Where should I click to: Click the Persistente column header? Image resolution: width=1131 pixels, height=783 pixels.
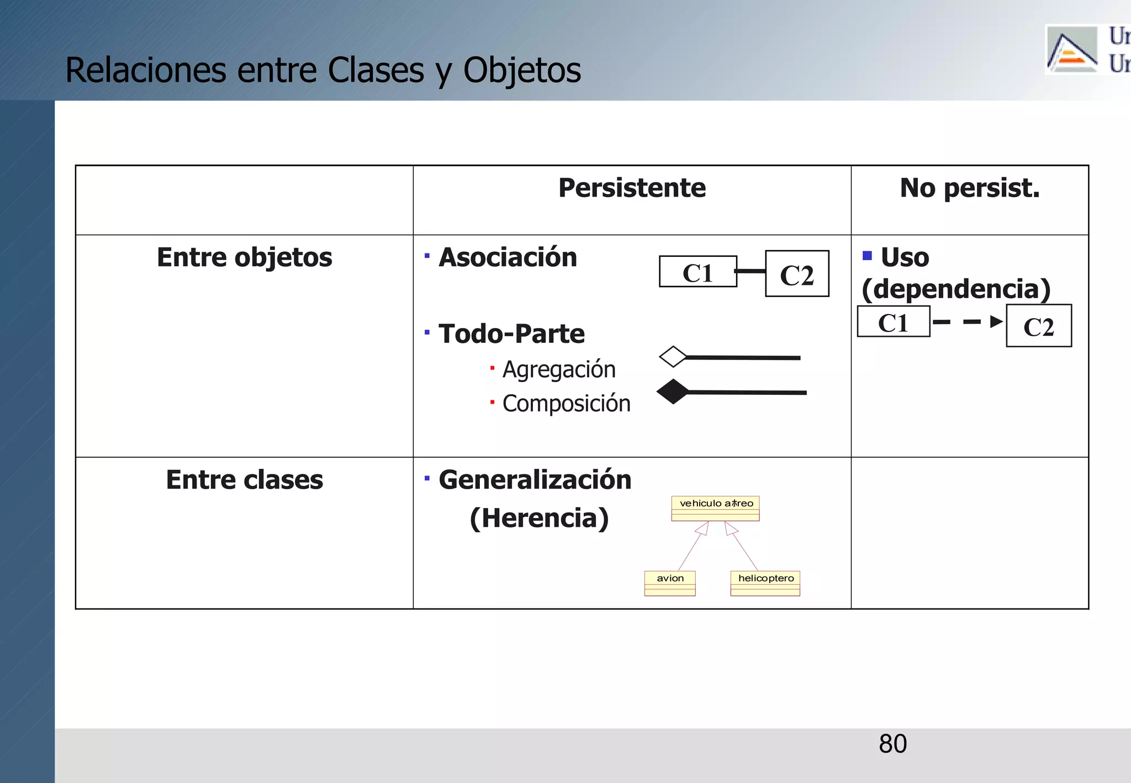[632, 188]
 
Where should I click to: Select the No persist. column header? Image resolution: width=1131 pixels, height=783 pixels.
[969, 188]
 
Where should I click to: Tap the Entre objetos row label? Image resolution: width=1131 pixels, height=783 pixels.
[244, 258]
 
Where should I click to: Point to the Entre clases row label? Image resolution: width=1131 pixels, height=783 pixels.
[244, 480]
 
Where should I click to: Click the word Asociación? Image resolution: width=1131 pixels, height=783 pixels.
[508, 258]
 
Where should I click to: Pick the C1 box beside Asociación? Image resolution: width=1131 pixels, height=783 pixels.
[697, 272]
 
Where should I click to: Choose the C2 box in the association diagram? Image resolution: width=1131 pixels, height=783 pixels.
[797, 274]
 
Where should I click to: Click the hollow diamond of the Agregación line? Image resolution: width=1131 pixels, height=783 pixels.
[673, 357]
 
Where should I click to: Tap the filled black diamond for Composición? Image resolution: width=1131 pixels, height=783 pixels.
[673, 391]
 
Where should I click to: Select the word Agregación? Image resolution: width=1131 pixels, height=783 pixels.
[558, 369]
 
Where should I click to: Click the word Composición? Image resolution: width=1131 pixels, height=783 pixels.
[566, 404]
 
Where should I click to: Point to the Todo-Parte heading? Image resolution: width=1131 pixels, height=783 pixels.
[511, 334]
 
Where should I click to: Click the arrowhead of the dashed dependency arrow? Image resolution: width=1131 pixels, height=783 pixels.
[996, 321]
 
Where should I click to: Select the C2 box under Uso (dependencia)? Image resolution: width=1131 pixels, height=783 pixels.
[1038, 326]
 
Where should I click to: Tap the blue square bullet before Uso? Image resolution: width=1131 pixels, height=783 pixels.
[867, 256]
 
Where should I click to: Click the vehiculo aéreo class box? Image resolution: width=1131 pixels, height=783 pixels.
[715, 508]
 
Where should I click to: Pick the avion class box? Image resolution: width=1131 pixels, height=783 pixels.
[670, 583]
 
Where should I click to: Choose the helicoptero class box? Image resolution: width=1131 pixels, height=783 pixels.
[765, 583]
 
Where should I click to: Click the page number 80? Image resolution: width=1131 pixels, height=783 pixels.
[892, 744]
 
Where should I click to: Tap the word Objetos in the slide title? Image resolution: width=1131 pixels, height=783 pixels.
[522, 71]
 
